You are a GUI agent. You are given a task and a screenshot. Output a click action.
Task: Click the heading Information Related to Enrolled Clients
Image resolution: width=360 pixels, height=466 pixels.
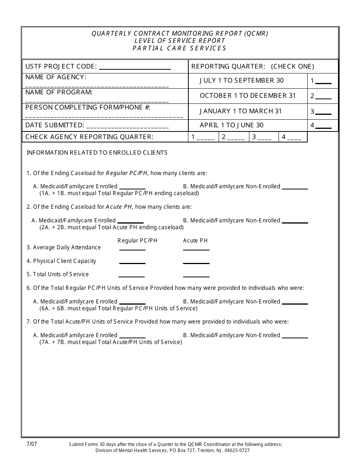click(97, 153)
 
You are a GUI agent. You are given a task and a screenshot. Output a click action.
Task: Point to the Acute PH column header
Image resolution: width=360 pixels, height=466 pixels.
click(195, 241)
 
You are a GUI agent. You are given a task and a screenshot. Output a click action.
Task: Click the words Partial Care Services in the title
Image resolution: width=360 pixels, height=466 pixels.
click(179, 48)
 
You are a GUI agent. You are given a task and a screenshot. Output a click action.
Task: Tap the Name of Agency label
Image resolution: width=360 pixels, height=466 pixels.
click(56, 77)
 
